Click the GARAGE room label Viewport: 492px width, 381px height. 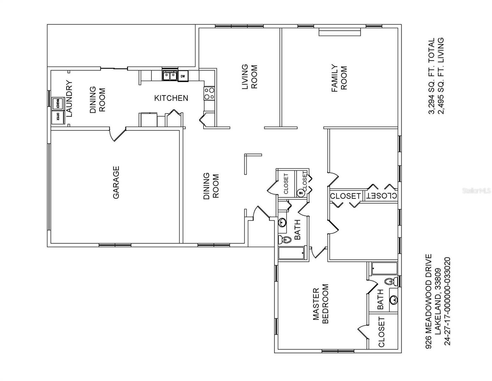116,183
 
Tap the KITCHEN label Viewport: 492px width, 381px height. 171,98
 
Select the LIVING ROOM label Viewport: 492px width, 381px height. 249,77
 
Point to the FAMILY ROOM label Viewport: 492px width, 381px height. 339,78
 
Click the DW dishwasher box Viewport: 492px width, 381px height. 183,76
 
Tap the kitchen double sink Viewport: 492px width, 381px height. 169,76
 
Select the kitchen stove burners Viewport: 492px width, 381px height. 209,94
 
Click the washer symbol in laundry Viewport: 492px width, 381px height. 58,103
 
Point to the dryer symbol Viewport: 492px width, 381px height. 58,117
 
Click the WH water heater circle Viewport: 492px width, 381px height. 300,193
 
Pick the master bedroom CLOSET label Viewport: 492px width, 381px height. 381,332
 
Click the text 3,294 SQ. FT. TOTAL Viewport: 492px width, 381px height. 431,76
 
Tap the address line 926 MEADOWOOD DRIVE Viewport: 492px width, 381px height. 429,301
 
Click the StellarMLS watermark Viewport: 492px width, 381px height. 476,191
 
